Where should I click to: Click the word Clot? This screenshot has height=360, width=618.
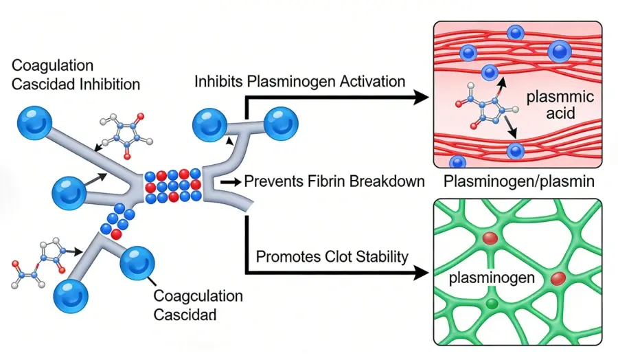coord(333,257)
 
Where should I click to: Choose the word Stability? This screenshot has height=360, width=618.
coord(380,257)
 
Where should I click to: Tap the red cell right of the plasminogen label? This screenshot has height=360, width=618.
coord(557,278)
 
